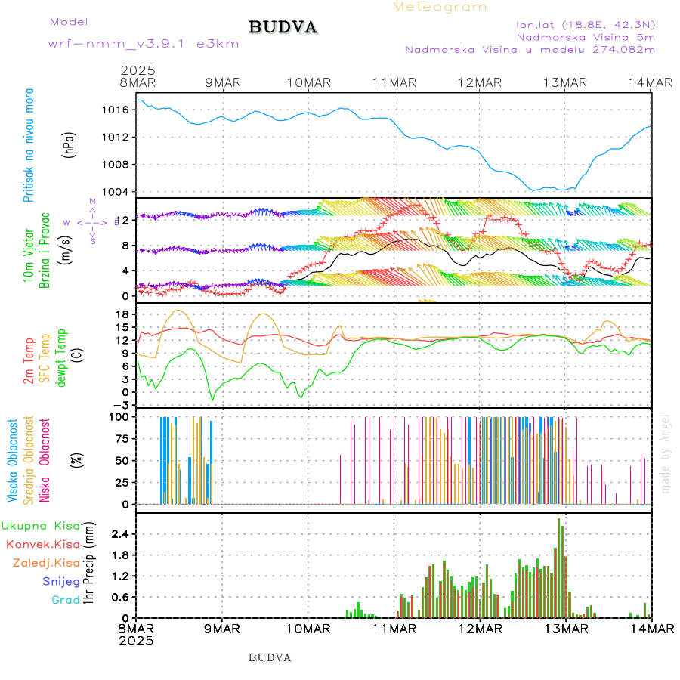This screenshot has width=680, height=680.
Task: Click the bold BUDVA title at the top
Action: [x=283, y=27]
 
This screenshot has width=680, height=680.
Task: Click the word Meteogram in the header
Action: [x=440, y=7]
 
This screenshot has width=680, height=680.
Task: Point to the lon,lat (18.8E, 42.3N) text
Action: [x=585, y=24]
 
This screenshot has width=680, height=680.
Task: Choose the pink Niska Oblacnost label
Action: [x=45, y=459]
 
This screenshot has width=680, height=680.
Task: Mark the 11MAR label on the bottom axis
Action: [x=393, y=629]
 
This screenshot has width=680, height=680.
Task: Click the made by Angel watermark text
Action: [x=666, y=453]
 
